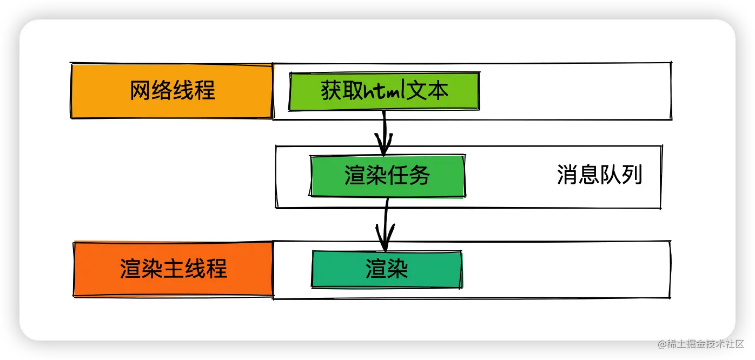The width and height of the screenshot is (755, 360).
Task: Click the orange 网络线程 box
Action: [x=172, y=91]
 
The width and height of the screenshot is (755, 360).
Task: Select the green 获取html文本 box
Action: [x=385, y=91]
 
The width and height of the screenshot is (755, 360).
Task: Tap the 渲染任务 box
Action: [x=387, y=176]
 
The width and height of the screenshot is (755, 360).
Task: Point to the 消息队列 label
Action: [x=599, y=175]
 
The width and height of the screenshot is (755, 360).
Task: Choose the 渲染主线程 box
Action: [x=173, y=269]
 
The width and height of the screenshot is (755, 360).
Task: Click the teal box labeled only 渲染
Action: [x=387, y=269]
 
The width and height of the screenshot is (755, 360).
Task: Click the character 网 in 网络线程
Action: [x=140, y=91]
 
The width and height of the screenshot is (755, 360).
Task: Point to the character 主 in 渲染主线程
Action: [x=173, y=269]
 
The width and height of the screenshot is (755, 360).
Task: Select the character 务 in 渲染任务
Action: [x=420, y=176]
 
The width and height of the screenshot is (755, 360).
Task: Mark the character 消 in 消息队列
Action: [x=567, y=175]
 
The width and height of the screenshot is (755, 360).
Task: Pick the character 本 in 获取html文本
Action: [x=438, y=91]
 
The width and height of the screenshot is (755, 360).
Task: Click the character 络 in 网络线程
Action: [x=162, y=91]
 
